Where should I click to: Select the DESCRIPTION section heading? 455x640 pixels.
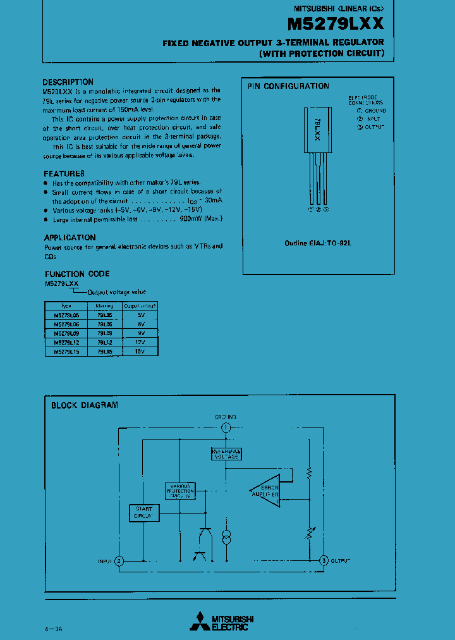tap(68, 82)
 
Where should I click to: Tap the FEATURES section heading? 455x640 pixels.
tap(64, 173)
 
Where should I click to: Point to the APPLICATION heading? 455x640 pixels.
tap(70, 238)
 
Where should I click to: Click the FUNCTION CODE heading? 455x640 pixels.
tap(76, 274)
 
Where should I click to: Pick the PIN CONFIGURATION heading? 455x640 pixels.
tap(288, 86)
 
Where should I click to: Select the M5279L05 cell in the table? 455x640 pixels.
tap(66, 314)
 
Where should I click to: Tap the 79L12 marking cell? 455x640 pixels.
tap(105, 342)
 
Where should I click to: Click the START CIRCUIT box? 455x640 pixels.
tap(143, 513)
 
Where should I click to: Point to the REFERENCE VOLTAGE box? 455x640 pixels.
tap(226, 453)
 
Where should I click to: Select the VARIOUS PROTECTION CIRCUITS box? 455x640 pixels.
tap(180, 491)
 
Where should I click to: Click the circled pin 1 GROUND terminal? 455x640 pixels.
tap(226, 428)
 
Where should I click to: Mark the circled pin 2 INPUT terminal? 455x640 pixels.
tap(119, 561)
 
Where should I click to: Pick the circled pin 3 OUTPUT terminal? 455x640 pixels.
tap(324, 561)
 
